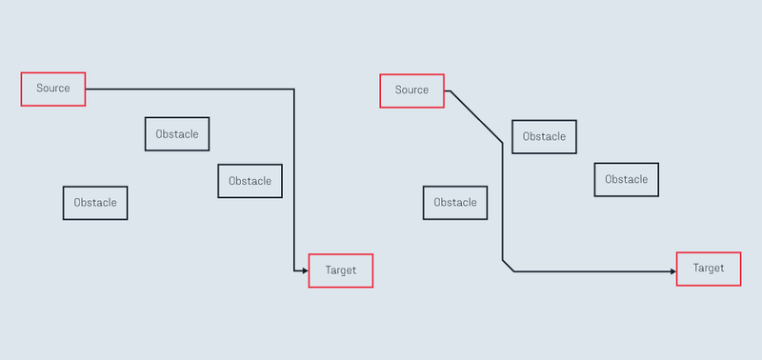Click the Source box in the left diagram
(x=53, y=89)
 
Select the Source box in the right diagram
(x=411, y=90)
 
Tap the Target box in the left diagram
(x=340, y=270)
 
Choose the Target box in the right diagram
(x=709, y=269)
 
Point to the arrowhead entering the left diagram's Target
(x=305, y=271)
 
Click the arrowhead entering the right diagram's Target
(x=672, y=271)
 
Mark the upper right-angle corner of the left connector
(x=294, y=90)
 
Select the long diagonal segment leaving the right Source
(x=476, y=117)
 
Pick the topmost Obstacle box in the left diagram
(x=177, y=134)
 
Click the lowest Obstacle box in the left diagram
(x=95, y=203)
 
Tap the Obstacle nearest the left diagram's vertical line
(x=250, y=181)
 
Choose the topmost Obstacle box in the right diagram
(x=544, y=136)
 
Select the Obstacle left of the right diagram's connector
(x=455, y=203)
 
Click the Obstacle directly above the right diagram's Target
(x=626, y=180)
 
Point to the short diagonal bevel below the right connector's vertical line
(x=508, y=266)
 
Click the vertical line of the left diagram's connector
(x=294, y=181)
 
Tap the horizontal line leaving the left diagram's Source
(x=190, y=90)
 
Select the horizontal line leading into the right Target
(x=591, y=271)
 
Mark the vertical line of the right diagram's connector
(x=503, y=200)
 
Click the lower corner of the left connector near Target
(x=294, y=271)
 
